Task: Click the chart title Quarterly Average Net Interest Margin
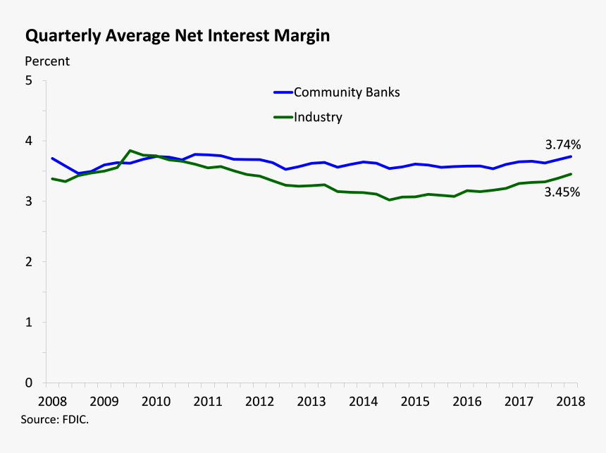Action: [x=178, y=35]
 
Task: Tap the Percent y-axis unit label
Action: [x=47, y=61]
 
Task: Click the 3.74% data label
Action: [x=562, y=144]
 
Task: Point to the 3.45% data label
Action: [x=562, y=191]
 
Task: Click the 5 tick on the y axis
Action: [x=30, y=80]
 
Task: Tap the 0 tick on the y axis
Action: [x=30, y=383]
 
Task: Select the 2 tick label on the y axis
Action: [x=30, y=262]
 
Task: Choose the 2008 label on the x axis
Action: [x=52, y=401]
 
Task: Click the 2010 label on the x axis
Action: [x=156, y=401]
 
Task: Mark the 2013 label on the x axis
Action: [x=311, y=401]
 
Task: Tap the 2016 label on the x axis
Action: [x=467, y=401]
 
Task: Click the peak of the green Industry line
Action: [x=130, y=151]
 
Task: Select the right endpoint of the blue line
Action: [x=571, y=156]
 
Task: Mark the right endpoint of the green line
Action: [x=571, y=174]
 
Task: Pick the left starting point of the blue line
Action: [x=52, y=159]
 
